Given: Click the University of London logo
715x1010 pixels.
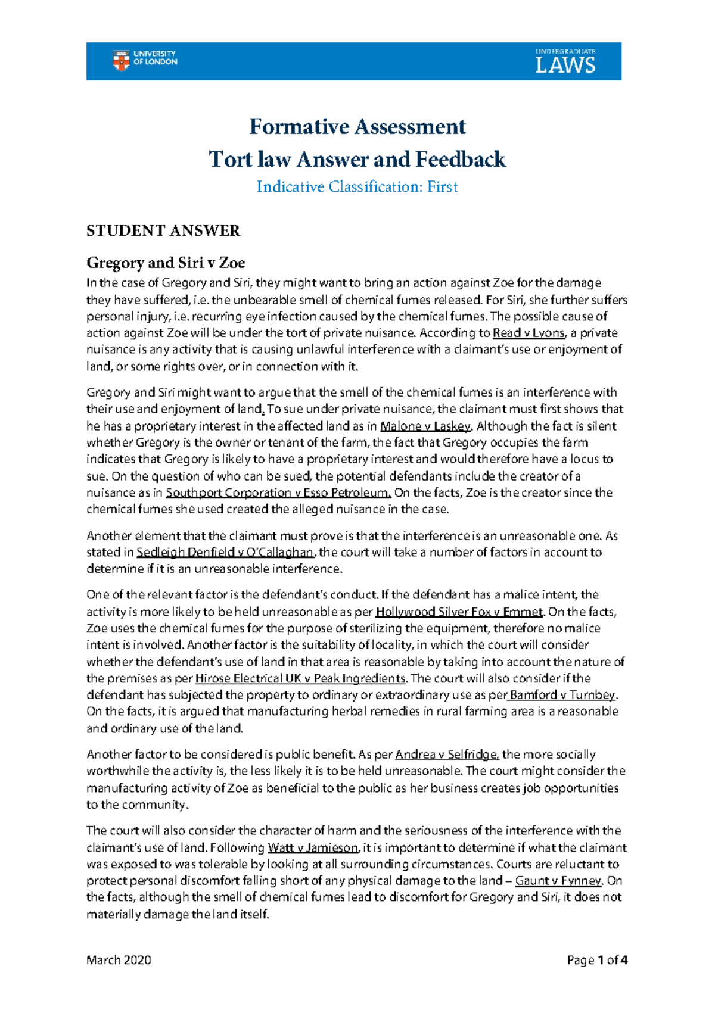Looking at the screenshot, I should point(145,60).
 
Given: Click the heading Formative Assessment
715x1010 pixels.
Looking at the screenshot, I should point(357,127).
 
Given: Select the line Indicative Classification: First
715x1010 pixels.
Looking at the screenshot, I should point(357,187).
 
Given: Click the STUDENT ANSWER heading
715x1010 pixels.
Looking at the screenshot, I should point(163,231).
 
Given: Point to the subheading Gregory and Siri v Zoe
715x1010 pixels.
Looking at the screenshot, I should point(166,263).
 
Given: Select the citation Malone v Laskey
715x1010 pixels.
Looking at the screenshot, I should point(425,426).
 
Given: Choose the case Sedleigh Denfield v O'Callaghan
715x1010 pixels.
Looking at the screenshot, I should point(225,552).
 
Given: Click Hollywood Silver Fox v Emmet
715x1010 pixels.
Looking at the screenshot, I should point(459,612).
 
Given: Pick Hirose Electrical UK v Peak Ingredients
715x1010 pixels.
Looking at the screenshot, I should point(300,678).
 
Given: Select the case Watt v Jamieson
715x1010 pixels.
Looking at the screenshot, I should point(313,847).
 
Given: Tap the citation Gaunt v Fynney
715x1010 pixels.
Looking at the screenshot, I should point(558,881).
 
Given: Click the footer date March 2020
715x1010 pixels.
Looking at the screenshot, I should point(119,960).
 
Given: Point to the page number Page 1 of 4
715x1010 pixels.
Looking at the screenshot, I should point(597,960).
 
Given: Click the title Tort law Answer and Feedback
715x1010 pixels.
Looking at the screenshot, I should point(357,160).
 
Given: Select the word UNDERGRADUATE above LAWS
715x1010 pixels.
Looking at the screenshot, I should point(565,52).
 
